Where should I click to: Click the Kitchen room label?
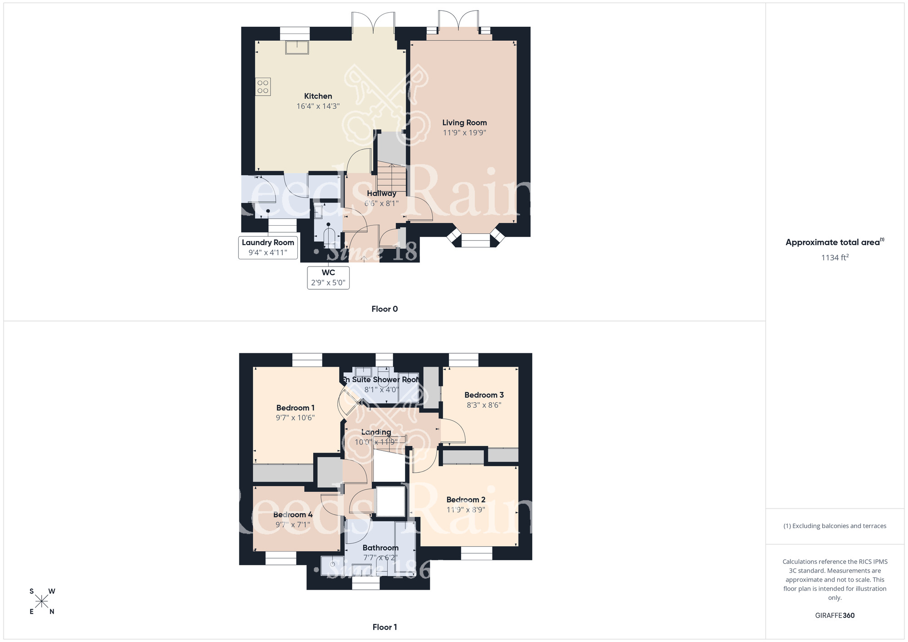[318, 96]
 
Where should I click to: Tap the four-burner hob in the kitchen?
[263, 87]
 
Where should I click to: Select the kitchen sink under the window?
[296, 47]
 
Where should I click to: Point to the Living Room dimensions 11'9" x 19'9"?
[464, 133]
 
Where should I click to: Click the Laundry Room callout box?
[268, 247]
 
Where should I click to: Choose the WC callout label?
[328, 277]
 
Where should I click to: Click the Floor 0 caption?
[385, 309]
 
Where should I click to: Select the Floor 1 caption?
[385, 627]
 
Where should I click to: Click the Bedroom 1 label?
[295, 408]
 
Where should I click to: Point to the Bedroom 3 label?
[484, 395]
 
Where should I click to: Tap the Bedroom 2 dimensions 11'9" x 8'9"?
[466, 510]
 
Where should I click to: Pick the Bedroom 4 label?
[293, 514]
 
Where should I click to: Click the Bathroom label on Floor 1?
[380, 548]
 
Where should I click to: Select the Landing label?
[376, 432]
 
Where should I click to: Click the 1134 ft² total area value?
[834, 257]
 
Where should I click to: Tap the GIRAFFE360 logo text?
[834, 616]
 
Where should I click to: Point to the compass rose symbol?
[42, 602]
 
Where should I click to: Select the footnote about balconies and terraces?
[834, 526]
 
